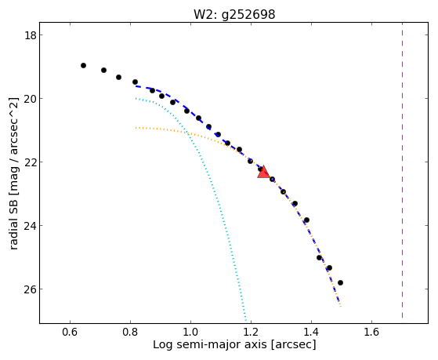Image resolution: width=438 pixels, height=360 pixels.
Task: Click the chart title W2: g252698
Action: coord(234,14)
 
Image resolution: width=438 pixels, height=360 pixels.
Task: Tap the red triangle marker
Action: coord(263,173)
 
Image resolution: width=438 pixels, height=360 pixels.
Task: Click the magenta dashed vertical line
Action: coord(402,169)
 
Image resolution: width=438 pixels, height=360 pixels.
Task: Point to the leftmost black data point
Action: coord(83,65)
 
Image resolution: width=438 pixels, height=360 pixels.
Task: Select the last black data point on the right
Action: coord(340,283)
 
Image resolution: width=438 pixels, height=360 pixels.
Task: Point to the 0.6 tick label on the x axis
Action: coord(70,332)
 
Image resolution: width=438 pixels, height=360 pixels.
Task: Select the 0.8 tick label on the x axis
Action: coord(130,332)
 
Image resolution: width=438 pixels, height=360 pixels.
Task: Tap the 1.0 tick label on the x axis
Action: coord(190,332)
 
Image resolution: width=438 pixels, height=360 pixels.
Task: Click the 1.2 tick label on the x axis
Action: coord(251,332)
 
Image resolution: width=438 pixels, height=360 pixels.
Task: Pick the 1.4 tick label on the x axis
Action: coord(311,332)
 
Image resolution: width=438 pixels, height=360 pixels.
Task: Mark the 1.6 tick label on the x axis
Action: coord(371,332)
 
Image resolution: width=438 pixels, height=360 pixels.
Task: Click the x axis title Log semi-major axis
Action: coord(210,345)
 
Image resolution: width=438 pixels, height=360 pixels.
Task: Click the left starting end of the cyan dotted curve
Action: coord(136,99)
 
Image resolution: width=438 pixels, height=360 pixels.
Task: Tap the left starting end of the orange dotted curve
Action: coord(136,128)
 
